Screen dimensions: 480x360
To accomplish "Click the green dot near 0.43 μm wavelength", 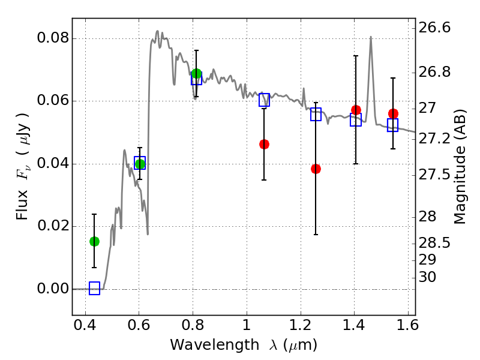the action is [94, 242].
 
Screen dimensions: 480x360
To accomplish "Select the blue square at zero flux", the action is [94, 288].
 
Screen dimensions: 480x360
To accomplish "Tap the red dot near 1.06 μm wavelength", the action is [264, 144].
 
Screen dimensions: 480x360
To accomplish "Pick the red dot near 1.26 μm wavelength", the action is [316, 169].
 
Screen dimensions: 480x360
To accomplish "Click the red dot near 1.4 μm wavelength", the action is [356, 110].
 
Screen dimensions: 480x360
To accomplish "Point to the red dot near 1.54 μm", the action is [393, 113].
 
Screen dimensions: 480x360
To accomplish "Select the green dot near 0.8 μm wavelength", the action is [196, 73].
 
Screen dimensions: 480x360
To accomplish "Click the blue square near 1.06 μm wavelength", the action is [264, 100].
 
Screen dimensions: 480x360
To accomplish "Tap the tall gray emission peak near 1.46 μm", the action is [371, 37].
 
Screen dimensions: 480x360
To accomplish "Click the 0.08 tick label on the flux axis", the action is [53, 38].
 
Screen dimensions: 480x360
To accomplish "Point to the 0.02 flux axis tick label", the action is [53, 226].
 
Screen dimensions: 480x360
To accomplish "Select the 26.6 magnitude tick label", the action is [434, 28].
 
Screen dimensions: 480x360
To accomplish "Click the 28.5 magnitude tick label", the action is [434, 244].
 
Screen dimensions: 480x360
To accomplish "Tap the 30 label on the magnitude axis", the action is [427, 277].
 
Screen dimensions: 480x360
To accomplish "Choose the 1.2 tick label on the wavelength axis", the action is [301, 325].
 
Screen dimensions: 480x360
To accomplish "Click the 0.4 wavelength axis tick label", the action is [85, 325].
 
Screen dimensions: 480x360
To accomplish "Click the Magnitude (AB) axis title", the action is [459, 167].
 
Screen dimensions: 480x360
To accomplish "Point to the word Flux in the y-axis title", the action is [22, 205].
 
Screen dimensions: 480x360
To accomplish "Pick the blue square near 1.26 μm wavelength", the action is [316, 114].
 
